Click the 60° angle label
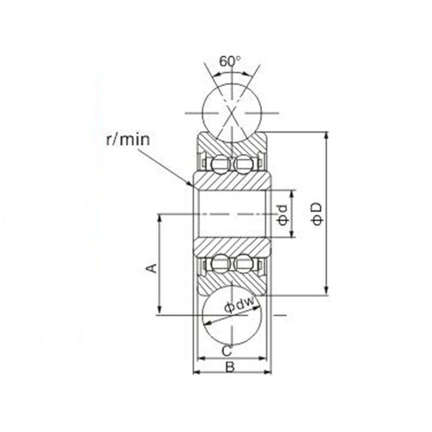pyautogui.click(x=230, y=62)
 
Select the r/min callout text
pyautogui.click(x=128, y=139)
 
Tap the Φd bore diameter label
pyautogui.click(x=283, y=214)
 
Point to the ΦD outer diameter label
pyautogui.click(x=318, y=214)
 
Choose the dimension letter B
pyautogui.click(x=230, y=367)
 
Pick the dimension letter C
pyautogui.click(x=227, y=351)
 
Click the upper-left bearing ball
pyautogui.click(x=221, y=165)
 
